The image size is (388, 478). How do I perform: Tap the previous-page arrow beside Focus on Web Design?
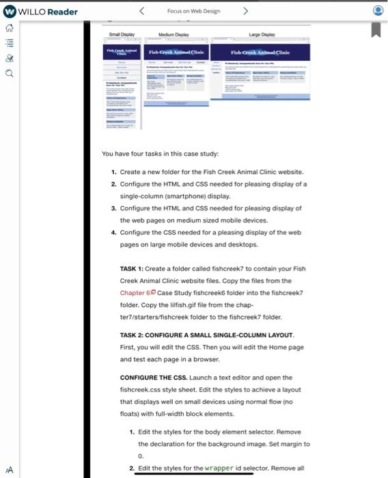(x=141, y=11)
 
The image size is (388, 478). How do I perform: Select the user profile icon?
(x=378, y=12)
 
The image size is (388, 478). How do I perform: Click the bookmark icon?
(x=376, y=30)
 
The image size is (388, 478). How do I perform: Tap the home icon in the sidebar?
(x=10, y=28)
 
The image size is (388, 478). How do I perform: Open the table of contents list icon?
(x=10, y=42)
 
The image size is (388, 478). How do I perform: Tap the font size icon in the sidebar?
(x=9, y=470)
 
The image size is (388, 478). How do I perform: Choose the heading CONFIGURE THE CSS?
(x=158, y=378)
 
